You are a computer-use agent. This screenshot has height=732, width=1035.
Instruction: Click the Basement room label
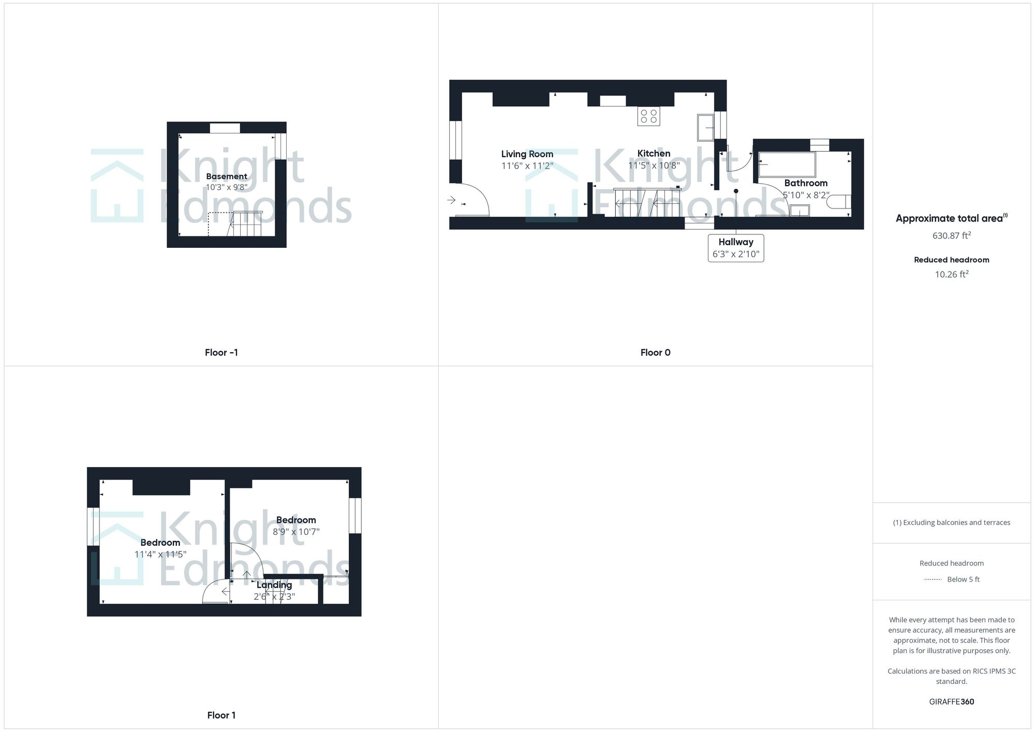226,176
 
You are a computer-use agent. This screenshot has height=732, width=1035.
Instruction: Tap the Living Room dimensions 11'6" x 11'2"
527,166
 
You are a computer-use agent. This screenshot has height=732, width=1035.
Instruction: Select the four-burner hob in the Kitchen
648,116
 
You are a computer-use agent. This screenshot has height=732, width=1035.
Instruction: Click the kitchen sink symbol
705,127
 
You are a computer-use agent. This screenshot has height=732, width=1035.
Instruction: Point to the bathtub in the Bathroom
787,165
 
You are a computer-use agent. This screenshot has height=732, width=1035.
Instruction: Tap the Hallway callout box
735,248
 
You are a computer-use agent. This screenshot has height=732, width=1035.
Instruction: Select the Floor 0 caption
655,353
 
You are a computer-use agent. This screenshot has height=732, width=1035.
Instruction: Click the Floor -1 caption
221,353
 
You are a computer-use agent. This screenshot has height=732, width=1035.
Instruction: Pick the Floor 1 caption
221,715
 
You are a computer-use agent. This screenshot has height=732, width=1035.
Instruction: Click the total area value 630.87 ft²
951,235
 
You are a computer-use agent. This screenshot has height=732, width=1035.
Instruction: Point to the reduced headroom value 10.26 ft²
951,274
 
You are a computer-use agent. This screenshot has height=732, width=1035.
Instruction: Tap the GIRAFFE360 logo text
951,702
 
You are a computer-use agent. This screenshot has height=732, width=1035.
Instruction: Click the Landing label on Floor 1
274,585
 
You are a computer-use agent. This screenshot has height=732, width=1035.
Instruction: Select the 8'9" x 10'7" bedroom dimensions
296,532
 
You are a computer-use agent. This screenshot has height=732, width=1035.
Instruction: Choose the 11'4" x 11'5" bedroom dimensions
160,555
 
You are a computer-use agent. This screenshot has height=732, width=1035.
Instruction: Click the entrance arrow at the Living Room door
451,200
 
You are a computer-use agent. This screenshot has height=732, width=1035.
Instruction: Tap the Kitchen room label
654,154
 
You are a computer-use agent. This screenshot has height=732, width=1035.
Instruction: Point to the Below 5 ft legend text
963,579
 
